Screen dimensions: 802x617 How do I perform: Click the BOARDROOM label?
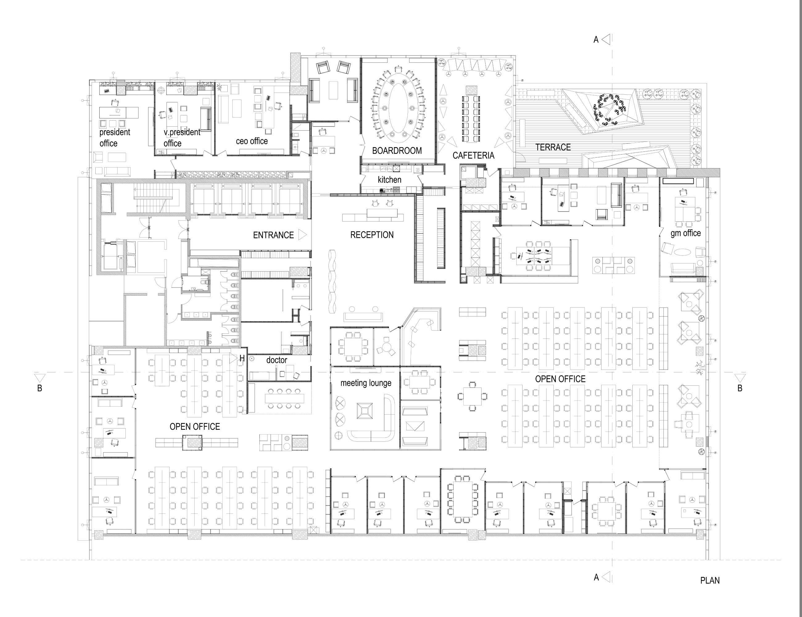click(397, 151)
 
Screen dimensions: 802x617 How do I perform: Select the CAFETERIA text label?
click(473, 155)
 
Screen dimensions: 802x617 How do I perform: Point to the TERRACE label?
click(553, 147)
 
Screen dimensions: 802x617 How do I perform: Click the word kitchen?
click(390, 180)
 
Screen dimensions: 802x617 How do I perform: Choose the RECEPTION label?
click(372, 235)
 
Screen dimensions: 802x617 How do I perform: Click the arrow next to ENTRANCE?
click(302, 235)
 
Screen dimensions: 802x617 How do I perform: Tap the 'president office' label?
click(114, 138)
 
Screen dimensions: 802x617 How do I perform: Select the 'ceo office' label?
click(252, 141)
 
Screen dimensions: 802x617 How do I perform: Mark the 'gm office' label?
click(686, 234)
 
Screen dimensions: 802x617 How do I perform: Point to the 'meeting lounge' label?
click(366, 383)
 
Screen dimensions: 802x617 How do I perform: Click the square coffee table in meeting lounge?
click(364, 412)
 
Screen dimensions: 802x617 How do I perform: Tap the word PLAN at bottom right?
click(710, 581)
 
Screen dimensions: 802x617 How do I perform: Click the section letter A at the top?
click(596, 40)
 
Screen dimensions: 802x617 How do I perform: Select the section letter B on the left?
click(40, 388)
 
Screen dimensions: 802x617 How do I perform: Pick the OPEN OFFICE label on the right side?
click(560, 379)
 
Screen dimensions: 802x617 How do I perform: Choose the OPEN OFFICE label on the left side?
click(195, 427)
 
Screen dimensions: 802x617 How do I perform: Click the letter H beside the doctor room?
click(242, 358)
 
